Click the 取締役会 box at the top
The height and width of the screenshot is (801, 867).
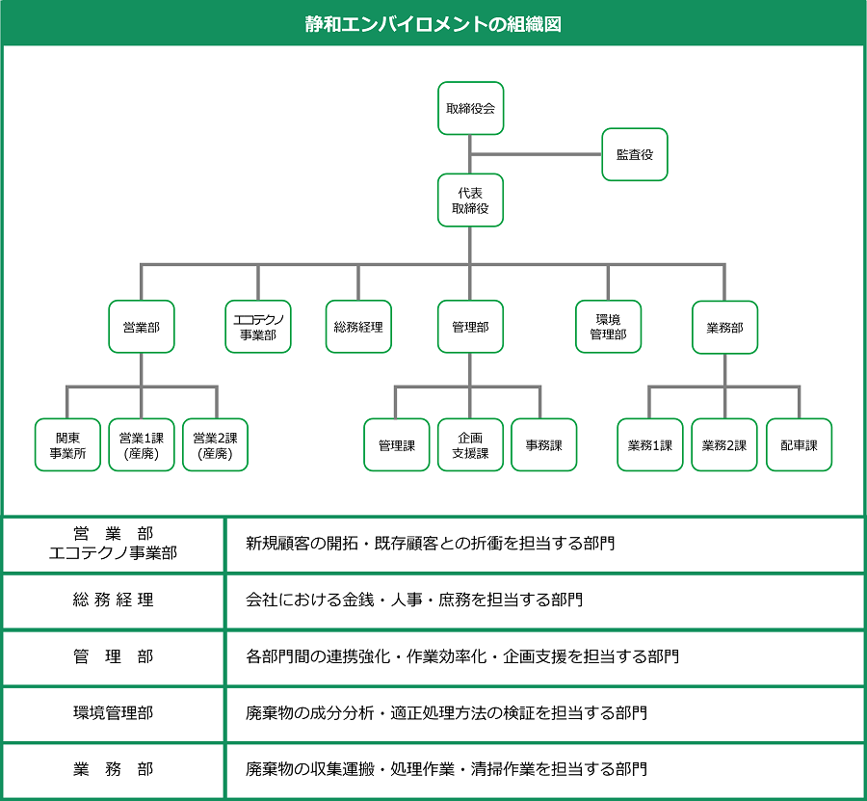pyautogui.click(x=470, y=108)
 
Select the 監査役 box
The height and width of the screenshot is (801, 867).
pyautogui.click(x=634, y=154)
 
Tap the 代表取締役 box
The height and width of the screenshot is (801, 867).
pyautogui.click(x=470, y=200)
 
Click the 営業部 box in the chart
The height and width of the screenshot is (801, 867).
pyautogui.click(x=141, y=327)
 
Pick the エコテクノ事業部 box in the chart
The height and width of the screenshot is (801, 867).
pyautogui.click(x=257, y=327)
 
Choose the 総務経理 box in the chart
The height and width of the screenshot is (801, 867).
pyautogui.click(x=357, y=327)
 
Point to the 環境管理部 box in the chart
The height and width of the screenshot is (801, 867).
pyautogui.click(x=608, y=327)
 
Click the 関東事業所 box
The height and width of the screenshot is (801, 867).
pyautogui.click(x=67, y=444)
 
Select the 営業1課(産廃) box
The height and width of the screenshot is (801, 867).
pyautogui.click(x=141, y=444)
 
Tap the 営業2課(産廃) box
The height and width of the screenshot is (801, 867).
pyautogui.click(x=215, y=444)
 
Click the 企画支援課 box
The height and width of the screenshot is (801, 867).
pyautogui.click(x=470, y=444)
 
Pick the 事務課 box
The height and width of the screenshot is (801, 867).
pyautogui.click(x=543, y=444)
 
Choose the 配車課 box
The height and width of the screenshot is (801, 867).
pyautogui.click(x=799, y=444)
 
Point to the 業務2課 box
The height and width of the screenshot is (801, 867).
pyautogui.click(x=724, y=444)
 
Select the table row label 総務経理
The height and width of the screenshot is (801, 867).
pyautogui.click(x=113, y=601)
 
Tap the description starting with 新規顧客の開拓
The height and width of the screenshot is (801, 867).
pyautogui.click(x=430, y=544)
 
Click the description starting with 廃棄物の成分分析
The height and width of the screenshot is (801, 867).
pyautogui.click(x=446, y=713)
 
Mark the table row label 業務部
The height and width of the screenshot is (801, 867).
pyautogui.click(x=113, y=769)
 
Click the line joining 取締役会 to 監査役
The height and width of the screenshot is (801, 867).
pyautogui.click(x=536, y=154)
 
